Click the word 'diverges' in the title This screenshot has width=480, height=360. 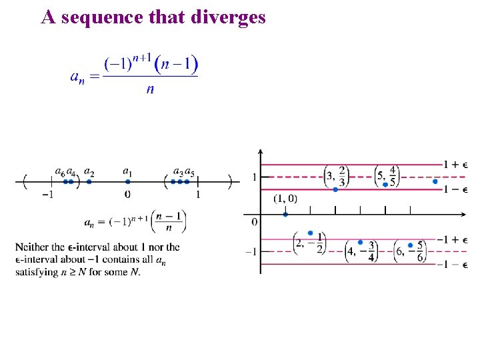pyautogui.click(x=228, y=17)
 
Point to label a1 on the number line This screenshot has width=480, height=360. pyautogui.click(x=127, y=173)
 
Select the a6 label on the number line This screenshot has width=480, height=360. pyautogui.click(x=59, y=173)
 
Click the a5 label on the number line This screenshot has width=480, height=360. pyautogui.click(x=189, y=173)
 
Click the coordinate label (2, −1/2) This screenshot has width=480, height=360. pyautogui.click(x=310, y=243)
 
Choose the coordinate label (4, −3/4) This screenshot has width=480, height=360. pyautogui.click(x=361, y=251)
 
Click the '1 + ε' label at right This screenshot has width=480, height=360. pyautogui.click(x=455, y=164)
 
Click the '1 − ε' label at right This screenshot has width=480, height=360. pyautogui.click(x=455, y=189)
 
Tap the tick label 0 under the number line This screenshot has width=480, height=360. pyautogui.click(x=127, y=195)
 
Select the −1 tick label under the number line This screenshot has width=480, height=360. pyautogui.click(x=47, y=195)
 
